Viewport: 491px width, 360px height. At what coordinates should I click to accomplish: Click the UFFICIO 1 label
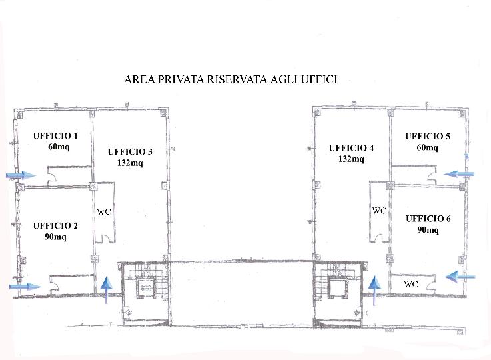coord(55,136)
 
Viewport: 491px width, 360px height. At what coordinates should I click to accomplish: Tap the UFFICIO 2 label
coord(55,226)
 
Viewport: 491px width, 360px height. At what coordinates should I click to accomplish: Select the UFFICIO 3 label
coord(130,152)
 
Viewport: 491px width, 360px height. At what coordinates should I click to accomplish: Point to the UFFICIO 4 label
coord(351,148)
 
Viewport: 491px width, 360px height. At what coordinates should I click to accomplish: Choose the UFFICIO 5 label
coord(428,137)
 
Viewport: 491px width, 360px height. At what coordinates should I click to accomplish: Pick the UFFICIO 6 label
coord(428,219)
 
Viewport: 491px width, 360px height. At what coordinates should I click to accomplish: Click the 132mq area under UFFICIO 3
coord(130,163)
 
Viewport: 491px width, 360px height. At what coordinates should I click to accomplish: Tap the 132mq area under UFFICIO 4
coord(351,159)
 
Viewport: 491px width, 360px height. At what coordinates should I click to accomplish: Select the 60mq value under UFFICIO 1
coord(59,147)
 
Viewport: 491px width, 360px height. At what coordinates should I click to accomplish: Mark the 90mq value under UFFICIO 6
coord(428,230)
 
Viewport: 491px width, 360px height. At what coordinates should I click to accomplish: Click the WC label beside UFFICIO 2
coord(104,212)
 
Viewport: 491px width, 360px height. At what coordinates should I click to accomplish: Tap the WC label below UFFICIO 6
coord(411,284)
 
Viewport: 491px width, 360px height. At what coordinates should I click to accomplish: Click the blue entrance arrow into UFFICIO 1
coord(21,175)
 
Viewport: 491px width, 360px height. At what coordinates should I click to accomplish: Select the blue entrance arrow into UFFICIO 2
coord(25,287)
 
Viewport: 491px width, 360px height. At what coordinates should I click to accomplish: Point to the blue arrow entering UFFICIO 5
coord(459,174)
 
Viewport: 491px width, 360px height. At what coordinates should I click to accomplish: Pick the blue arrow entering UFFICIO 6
coord(460,277)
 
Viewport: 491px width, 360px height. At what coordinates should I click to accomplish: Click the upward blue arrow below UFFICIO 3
coord(107,290)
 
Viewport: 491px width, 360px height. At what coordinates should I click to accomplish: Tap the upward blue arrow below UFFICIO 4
coord(374,291)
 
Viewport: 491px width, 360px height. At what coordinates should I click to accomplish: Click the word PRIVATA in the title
coord(181,79)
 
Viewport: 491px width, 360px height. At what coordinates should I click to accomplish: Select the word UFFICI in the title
coord(319,79)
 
